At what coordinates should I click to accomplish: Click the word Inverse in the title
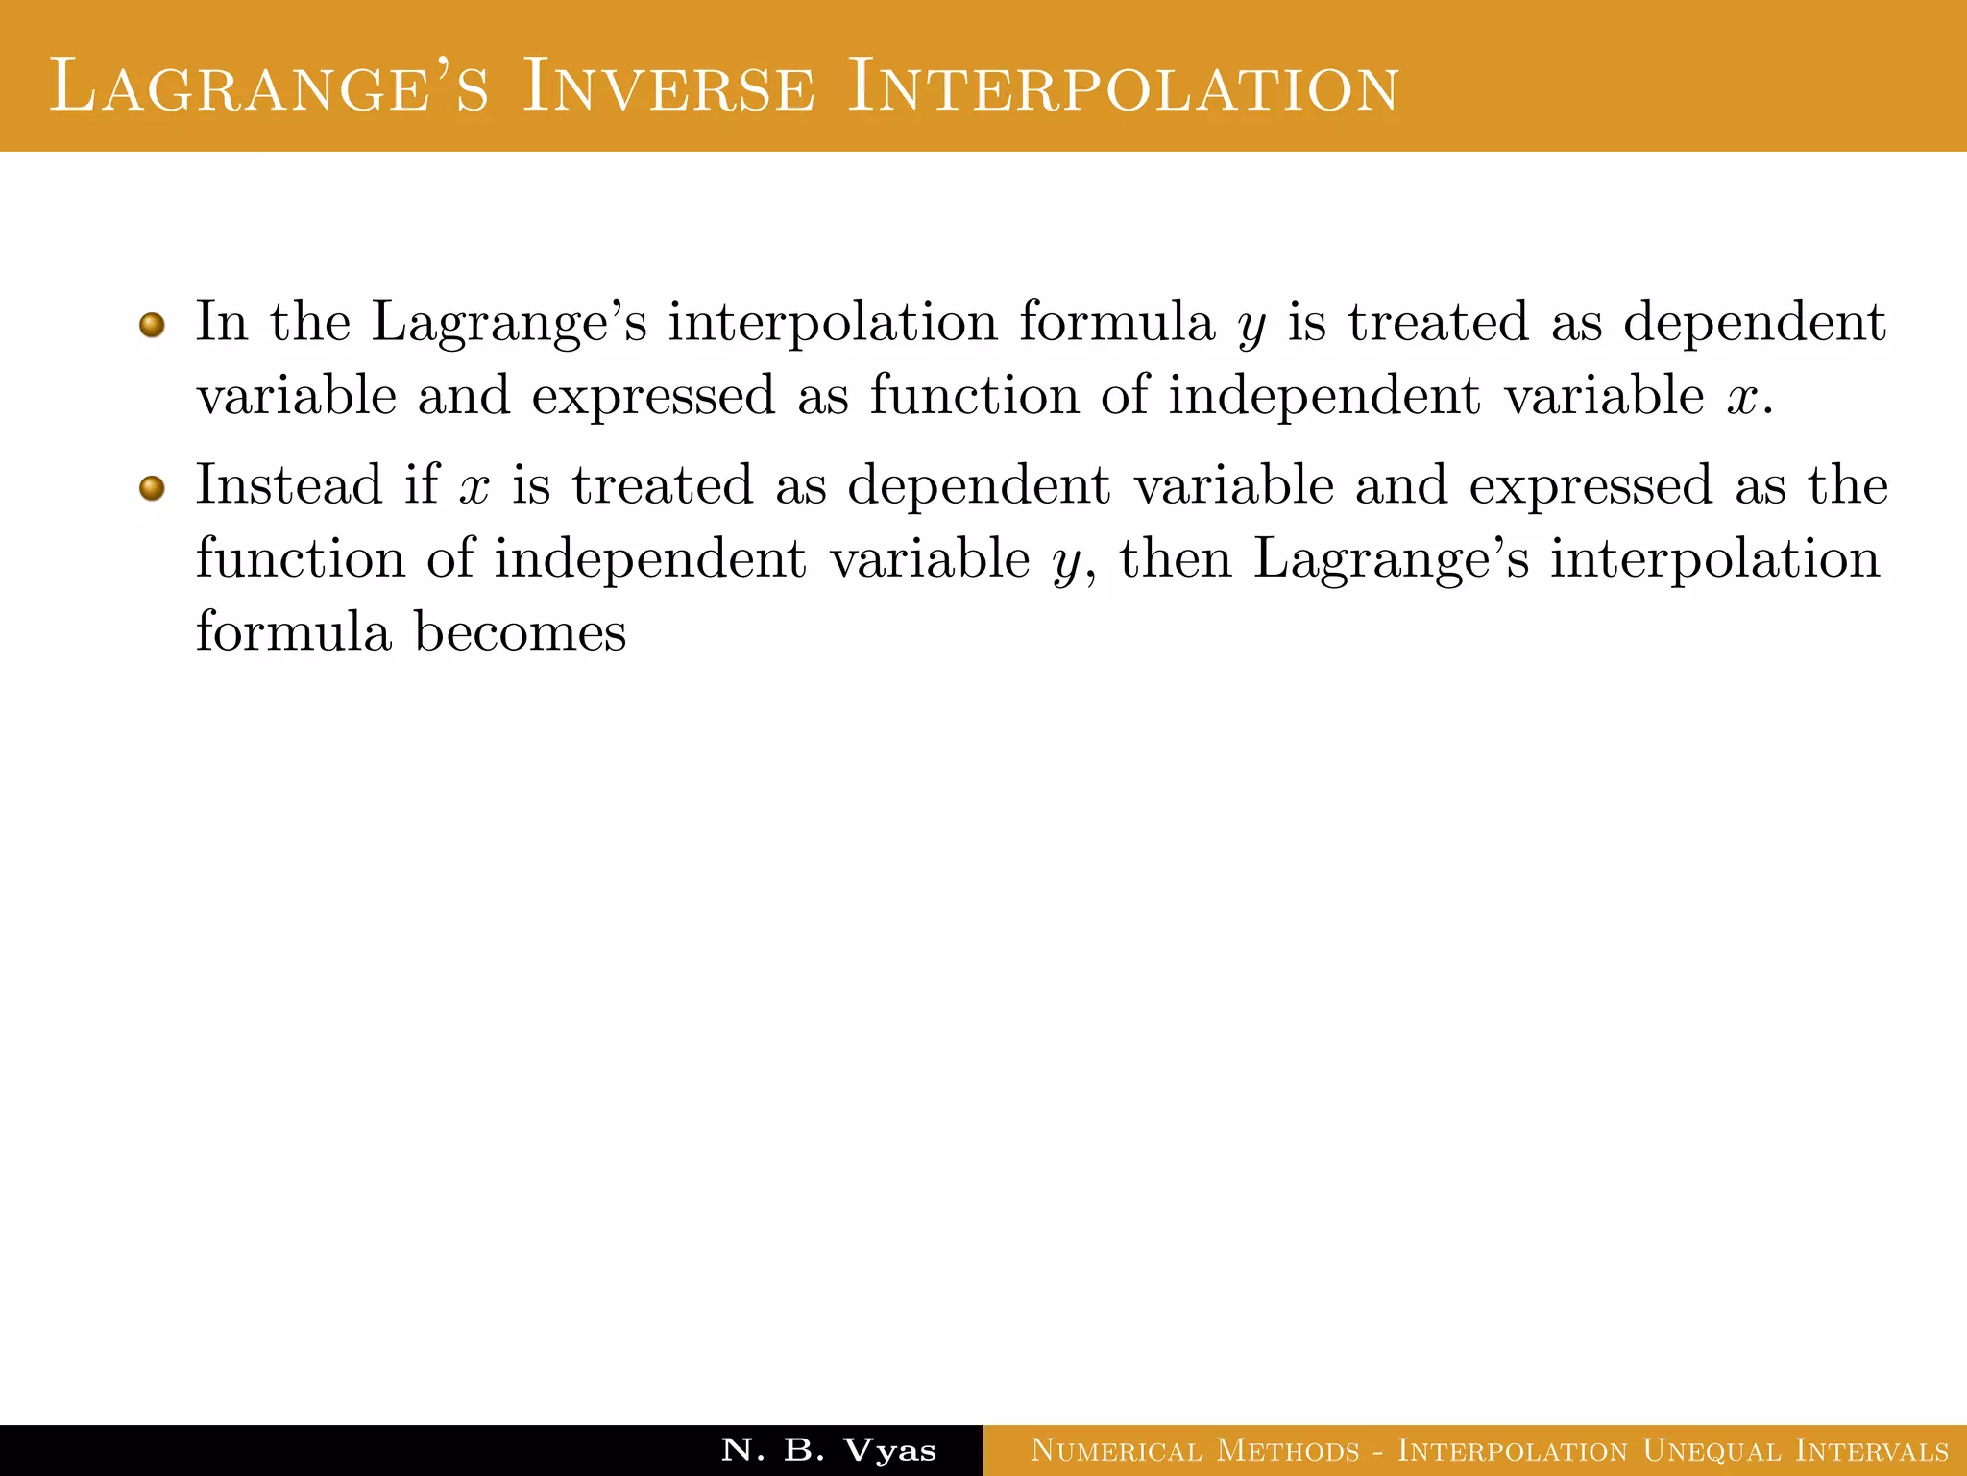(x=668, y=87)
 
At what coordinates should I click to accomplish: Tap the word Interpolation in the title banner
(x=1123, y=87)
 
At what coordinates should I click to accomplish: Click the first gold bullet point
(x=152, y=325)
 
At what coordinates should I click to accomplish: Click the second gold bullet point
(x=152, y=488)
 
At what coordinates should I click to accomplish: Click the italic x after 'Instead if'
(x=474, y=486)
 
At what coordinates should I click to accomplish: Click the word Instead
(x=288, y=484)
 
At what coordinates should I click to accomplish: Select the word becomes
(x=520, y=632)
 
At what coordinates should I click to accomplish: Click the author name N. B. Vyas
(x=828, y=1449)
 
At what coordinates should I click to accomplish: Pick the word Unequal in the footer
(x=1711, y=1450)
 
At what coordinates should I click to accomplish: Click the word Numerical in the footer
(x=1115, y=1450)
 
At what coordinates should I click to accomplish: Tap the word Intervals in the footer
(x=1872, y=1450)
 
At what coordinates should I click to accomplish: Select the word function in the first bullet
(x=974, y=396)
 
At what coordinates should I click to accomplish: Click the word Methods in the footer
(x=1288, y=1450)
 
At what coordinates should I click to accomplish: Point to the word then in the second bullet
(x=1175, y=558)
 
